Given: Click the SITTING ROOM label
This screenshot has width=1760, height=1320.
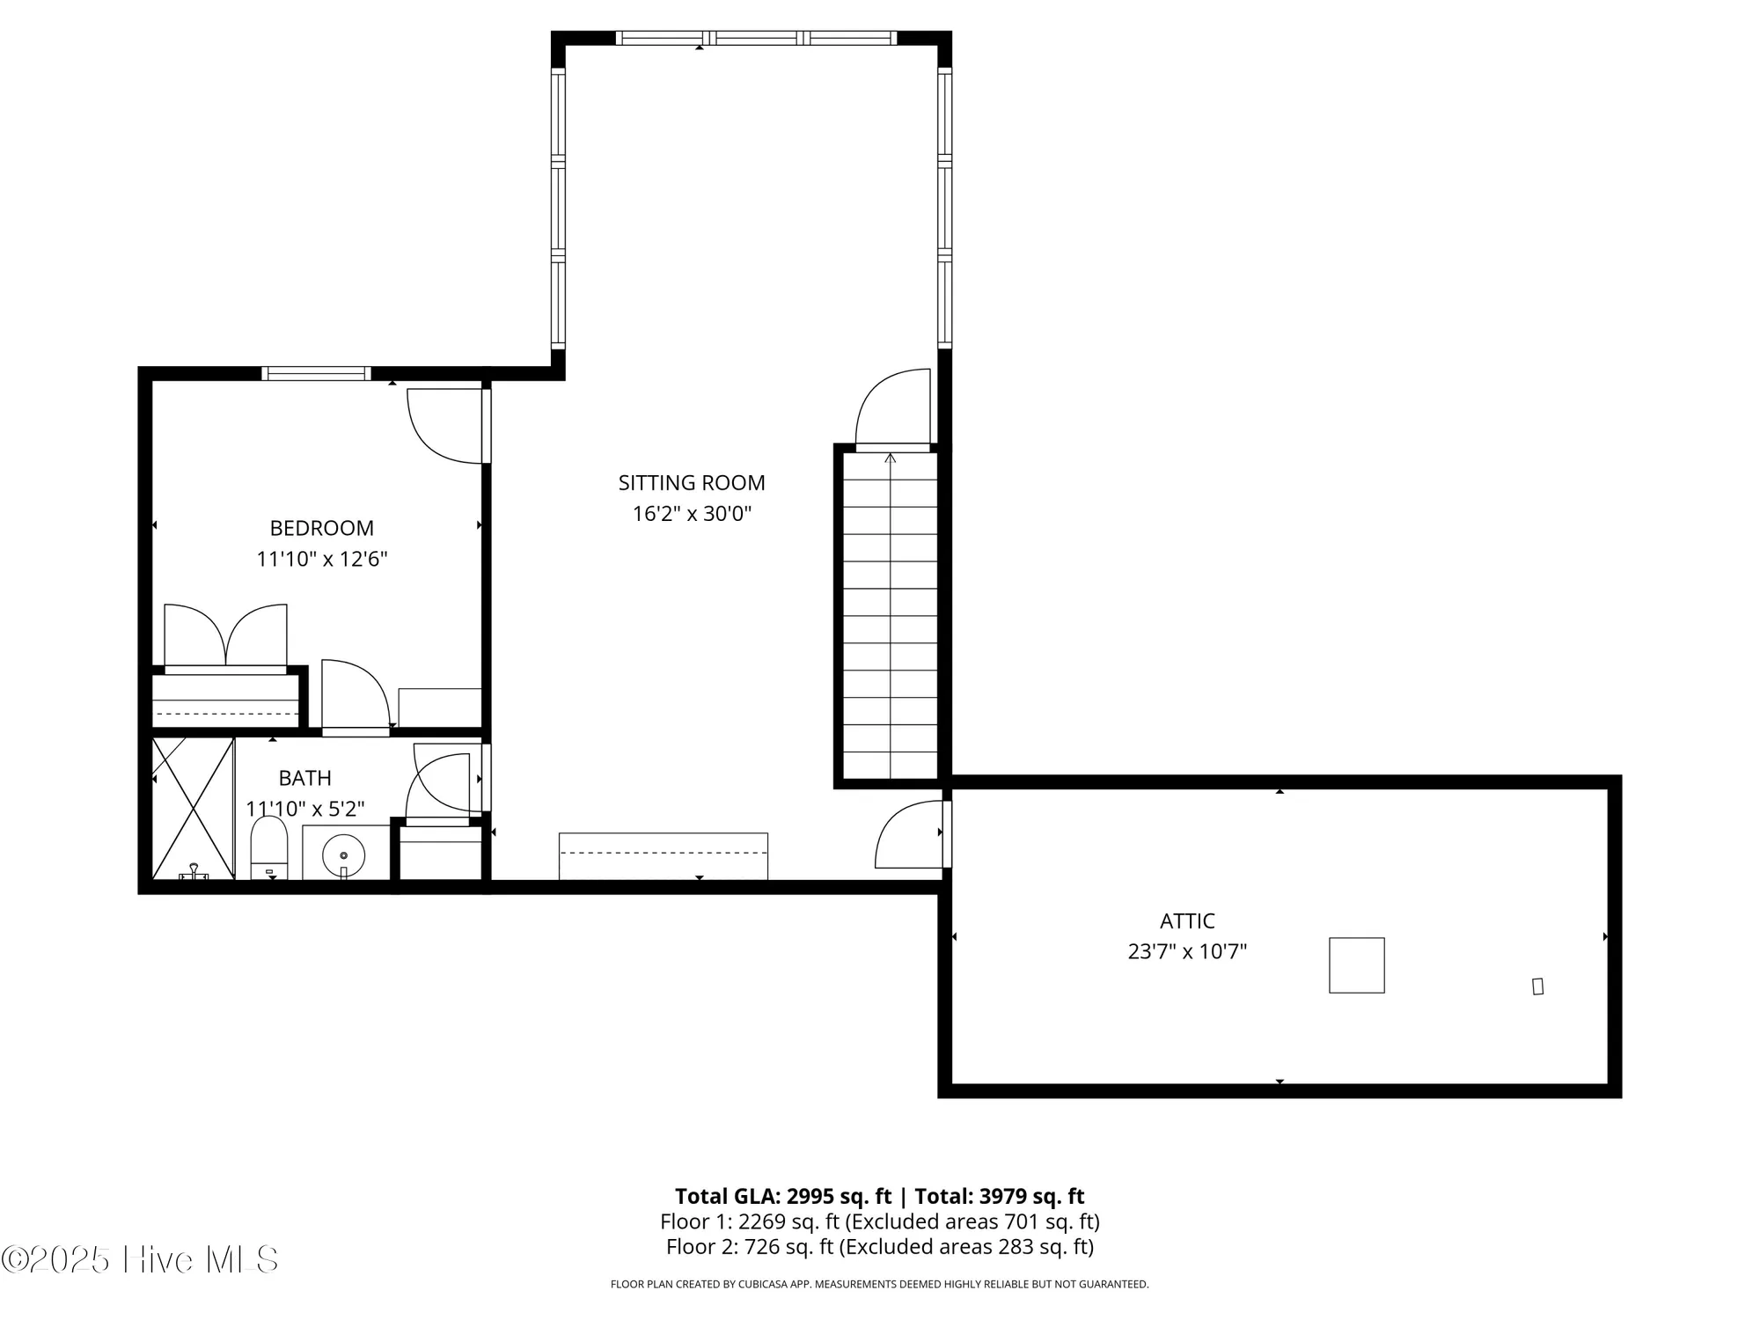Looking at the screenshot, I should click(x=692, y=482).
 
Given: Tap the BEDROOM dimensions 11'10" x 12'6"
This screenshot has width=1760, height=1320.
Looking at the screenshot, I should click(x=322, y=559).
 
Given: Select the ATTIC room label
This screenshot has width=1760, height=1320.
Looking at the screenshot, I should click(x=1187, y=920).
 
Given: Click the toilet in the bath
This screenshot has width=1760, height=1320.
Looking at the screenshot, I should click(x=269, y=848).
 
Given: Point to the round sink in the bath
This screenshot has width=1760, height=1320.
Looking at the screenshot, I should click(x=343, y=854).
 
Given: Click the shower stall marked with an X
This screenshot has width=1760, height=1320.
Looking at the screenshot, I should click(x=193, y=808).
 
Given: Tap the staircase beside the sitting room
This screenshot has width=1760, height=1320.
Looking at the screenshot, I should click(x=890, y=616).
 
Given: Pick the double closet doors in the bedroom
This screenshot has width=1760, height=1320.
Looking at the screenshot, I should click(x=225, y=636).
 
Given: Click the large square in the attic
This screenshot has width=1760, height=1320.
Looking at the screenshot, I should click(x=1356, y=965).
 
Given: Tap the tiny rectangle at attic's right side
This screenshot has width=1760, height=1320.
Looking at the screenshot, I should click(x=1537, y=986).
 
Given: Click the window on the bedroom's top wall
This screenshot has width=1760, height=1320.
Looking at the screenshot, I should click(x=316, y=374).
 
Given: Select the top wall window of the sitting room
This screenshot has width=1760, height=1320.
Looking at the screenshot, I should click(x=755, y=38).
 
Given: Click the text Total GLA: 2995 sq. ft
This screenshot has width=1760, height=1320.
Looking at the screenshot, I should click(x=783, y=1196).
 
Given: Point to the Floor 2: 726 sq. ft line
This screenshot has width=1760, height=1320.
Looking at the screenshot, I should click(x=879, y=1246).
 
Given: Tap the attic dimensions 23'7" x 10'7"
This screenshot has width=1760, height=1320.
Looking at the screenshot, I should click(x=1187, y=951).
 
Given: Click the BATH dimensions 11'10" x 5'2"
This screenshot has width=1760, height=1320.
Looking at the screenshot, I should click(x=305, y=809).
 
